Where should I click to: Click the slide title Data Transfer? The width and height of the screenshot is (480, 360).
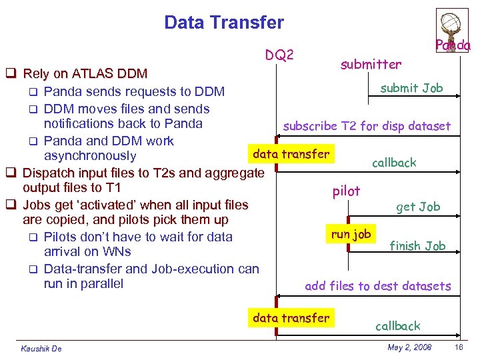tap(223, 23)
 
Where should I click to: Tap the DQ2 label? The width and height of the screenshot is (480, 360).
tap(280, 55)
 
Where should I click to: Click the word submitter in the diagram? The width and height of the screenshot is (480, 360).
tap(371, 65)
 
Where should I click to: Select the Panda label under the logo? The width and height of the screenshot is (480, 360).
tap(453, 45)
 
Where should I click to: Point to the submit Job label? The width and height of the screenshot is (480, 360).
tap(411, 88)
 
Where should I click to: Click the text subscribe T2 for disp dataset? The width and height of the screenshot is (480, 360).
tap(367, 125)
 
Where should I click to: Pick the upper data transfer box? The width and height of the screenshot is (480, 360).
tap(291, 154)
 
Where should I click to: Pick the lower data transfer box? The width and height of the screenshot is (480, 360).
tap(291, 318)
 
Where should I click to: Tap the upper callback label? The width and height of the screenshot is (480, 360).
tap(394, 163)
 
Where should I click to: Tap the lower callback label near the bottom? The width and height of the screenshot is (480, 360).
tap(398, 326)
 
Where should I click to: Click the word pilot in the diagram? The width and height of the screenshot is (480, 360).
tap(346, 191)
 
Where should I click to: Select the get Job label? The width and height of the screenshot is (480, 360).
tap(418, 207)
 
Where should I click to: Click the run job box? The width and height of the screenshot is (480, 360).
tap(351, 234)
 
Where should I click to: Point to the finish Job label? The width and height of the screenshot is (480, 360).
tap(417, 246)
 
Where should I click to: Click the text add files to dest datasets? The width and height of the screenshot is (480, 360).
tap(377, 286)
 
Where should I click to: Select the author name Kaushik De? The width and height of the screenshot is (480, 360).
tap(41, 349)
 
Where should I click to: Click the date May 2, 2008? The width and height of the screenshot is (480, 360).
tap(409, 347)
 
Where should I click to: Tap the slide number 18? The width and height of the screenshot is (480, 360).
tap(458, 347)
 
